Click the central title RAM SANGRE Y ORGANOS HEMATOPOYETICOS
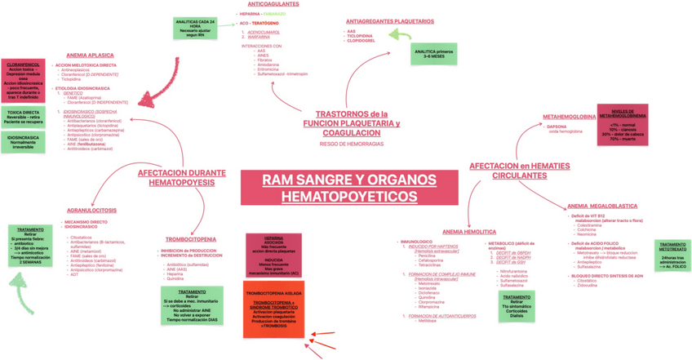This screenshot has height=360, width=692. [348, 188]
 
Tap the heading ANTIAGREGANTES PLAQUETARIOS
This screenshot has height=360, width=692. [389, 21]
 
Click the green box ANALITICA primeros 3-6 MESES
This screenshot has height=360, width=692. [433, 53]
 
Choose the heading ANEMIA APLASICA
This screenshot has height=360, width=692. [90, 56]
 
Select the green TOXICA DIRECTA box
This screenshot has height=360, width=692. [22, 117]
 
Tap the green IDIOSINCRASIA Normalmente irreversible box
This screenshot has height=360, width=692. [22, 143]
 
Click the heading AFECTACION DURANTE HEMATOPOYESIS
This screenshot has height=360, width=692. [182, 178]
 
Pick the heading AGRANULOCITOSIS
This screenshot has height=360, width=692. [91, 211]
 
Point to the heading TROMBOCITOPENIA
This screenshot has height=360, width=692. [190, 239]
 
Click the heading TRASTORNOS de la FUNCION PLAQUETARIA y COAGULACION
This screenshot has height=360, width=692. [351, 123]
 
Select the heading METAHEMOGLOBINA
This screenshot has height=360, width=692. [569, 117]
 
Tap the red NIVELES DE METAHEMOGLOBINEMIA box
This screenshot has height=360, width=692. [623, 125]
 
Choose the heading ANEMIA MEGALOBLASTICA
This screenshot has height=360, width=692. [601, 206]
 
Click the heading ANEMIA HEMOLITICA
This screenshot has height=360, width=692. [469, 232]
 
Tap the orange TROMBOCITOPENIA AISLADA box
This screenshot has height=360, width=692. [273, 309]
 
